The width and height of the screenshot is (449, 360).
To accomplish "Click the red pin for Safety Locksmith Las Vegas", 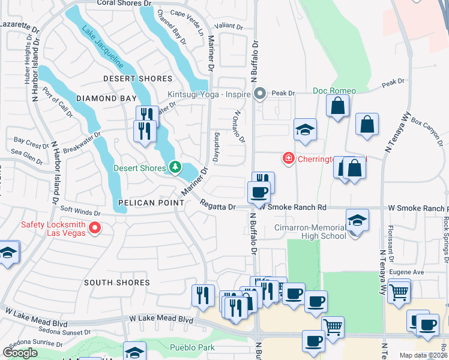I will (94, 228).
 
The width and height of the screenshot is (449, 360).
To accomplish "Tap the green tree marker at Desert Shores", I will (175, 167).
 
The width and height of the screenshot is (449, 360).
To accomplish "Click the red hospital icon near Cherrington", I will (288, 158).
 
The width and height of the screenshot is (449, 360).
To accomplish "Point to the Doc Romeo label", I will (334, 91).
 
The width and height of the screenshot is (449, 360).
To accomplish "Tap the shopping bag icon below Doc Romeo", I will (338, 107).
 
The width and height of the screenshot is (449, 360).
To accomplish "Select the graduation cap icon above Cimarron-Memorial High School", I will (357, 220).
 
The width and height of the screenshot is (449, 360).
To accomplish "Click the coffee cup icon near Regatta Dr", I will (259, 193).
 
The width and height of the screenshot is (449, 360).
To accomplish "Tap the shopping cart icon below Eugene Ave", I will (398, 293).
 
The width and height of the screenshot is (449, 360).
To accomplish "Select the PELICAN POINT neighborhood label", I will (151, 203).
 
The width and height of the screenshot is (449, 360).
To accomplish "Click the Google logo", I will (20, 353).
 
